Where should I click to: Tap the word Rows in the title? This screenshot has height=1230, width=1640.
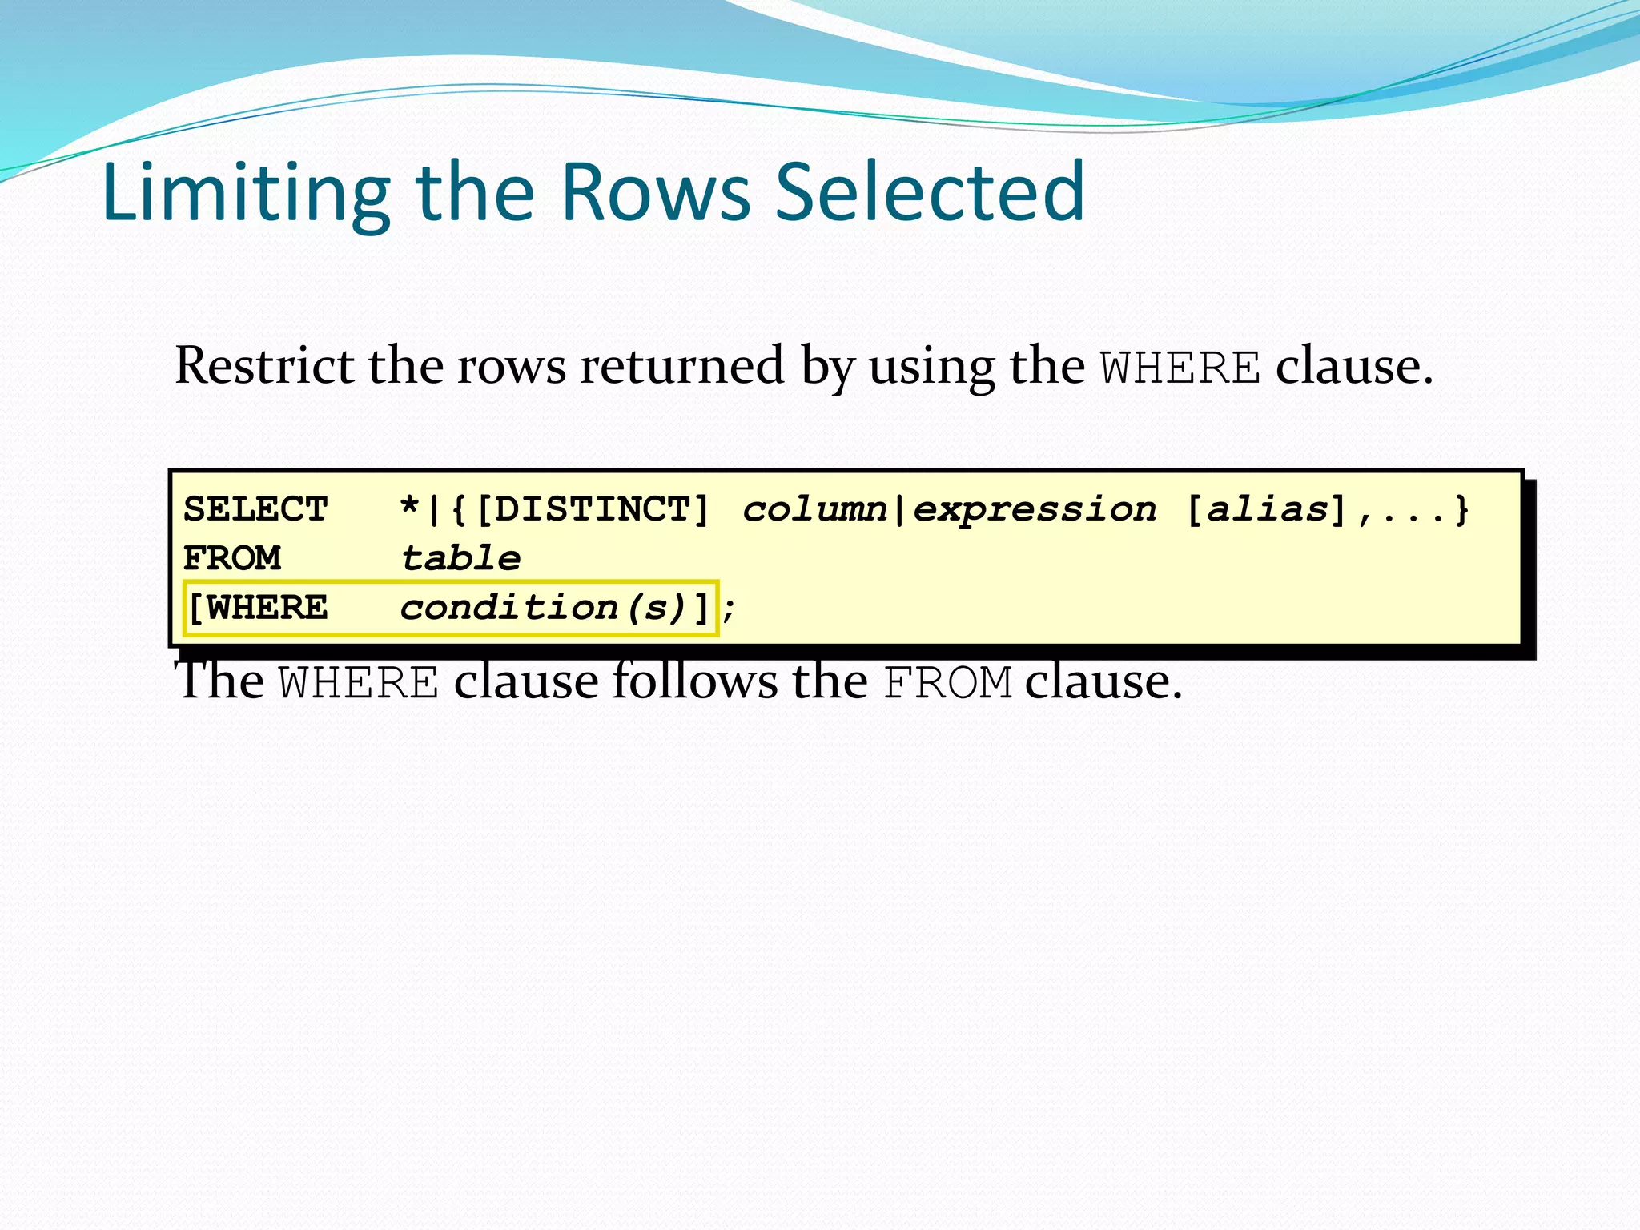click(x=656, y=193)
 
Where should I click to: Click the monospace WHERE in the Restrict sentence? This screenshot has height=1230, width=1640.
click(x=1180, y=369)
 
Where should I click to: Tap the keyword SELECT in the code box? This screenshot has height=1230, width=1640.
click(x=255, y=510)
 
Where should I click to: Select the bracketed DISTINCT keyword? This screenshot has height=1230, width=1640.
click(x=593, y=510)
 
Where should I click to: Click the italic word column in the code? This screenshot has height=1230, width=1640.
click(x=815, y=510)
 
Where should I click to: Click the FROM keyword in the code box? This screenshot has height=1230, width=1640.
click(x=232, y=559)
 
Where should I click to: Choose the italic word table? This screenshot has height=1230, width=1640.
click(x=460, y=559)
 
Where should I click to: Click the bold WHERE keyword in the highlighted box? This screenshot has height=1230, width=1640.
click(x=267, y=609)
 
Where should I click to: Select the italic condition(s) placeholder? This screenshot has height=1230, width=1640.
click(x=543, y=609)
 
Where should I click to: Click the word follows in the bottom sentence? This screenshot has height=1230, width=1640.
click(x=695, y=681)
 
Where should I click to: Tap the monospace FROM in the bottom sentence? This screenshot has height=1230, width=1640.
click(x=947, y=684)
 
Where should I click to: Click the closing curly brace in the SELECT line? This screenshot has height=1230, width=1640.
click(x=1462, y=510)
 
